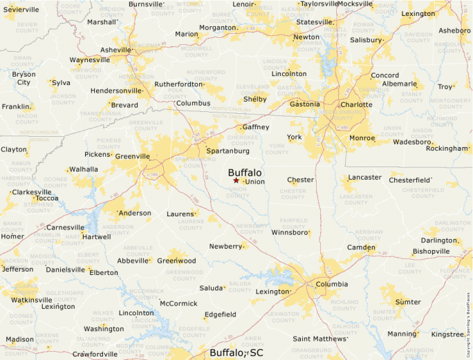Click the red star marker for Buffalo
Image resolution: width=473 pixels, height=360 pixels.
click(236, 180)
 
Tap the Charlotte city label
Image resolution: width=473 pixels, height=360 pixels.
click(356, 105)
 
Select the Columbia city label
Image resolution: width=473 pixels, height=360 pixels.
click(332, 284)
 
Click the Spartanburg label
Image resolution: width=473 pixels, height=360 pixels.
click(228, 151)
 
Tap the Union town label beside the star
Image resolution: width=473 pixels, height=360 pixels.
click(255, 182)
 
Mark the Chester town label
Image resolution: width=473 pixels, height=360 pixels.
click(301, 180)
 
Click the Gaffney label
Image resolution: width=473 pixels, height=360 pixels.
click(255, 128)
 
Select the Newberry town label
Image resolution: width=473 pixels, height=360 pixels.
click(226, 247)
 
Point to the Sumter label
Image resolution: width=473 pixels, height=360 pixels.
click(407, 302)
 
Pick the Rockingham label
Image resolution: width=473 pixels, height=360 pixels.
click(447, 148)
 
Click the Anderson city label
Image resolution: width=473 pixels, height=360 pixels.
click(136, 213)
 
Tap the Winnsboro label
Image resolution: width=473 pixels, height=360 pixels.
click(289, 232)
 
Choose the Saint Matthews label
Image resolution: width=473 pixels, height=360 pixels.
click(319, 339)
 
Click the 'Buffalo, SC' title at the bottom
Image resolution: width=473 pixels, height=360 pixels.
click(236, 352)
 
